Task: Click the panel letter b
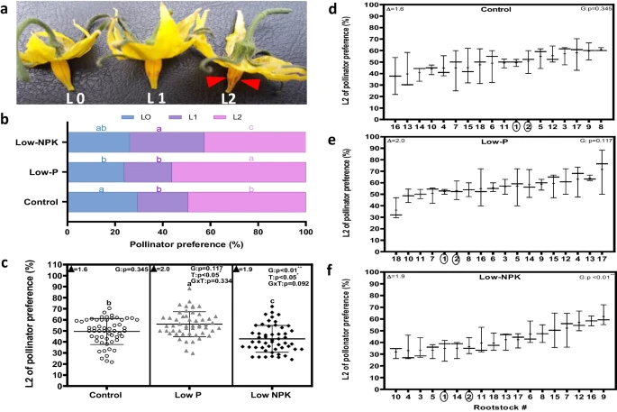[6, 117]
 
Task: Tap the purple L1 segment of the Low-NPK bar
[167, 142]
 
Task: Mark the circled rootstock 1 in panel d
[515, 124]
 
